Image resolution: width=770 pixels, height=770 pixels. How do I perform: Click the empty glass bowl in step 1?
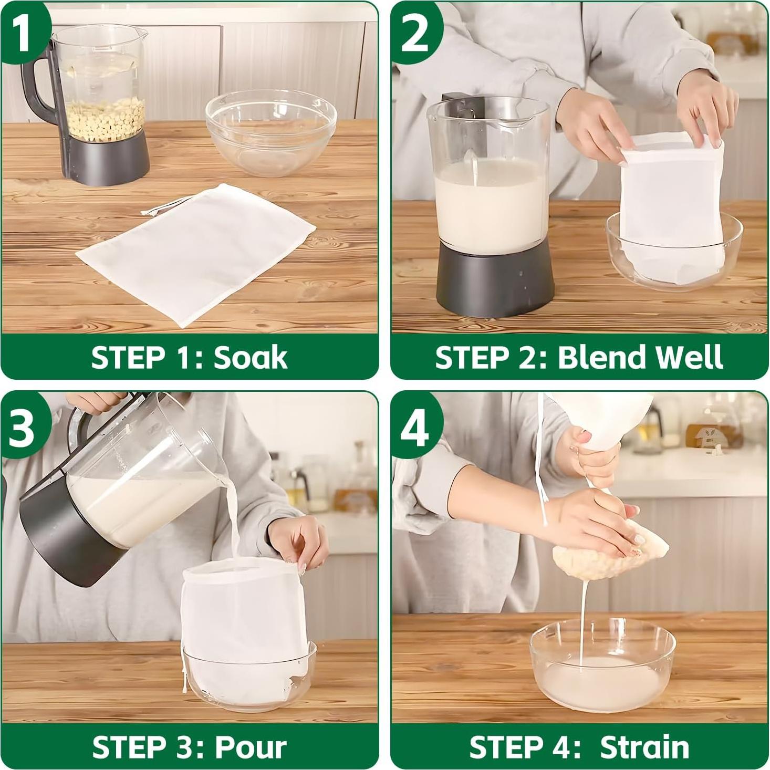[272, 132]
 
